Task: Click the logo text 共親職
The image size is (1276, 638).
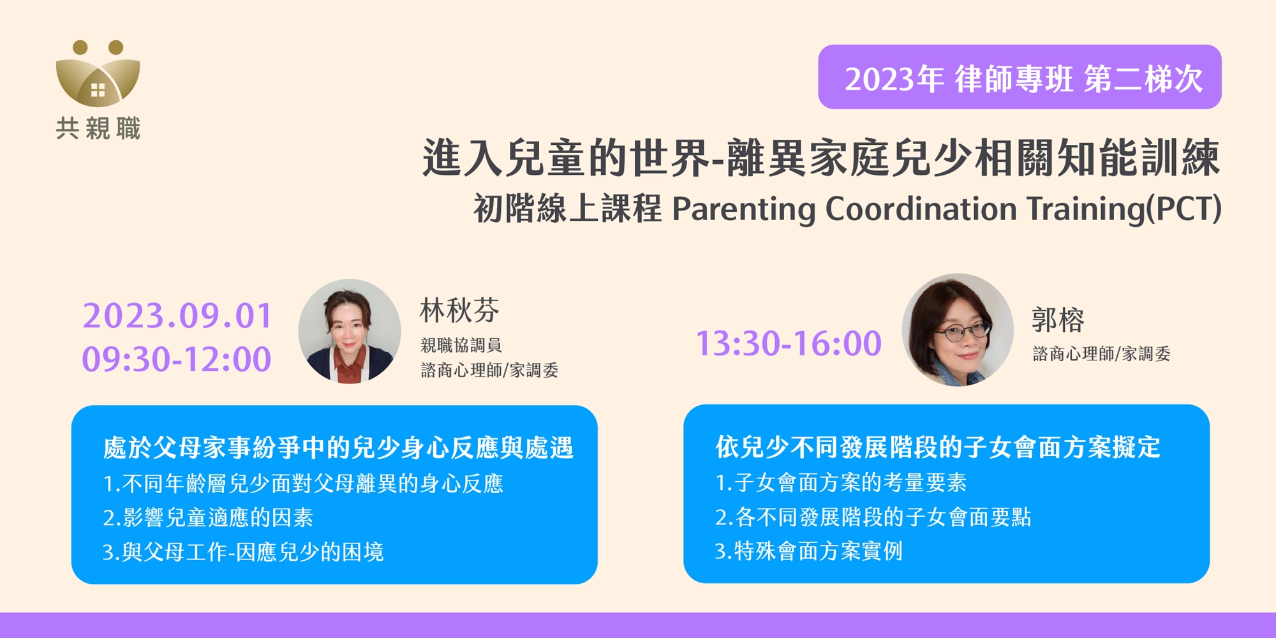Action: (x=98, y=128)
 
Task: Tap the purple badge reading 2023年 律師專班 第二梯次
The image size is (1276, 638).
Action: (x=1020, y=77)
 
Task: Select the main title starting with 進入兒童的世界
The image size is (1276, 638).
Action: (x=820, y=158)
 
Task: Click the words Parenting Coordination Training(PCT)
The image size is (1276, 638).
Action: (x=947, y=209)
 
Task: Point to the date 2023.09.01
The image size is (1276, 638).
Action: (x=177, y=316)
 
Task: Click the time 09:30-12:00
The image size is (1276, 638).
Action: (x=177, y=359)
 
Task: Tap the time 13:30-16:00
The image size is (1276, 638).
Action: (x=789, y=343)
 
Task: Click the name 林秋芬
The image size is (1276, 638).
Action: (x=459, y=311)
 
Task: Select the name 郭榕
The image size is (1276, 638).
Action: (x=1058, y=320)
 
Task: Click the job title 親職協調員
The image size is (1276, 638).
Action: (x=461, y=345)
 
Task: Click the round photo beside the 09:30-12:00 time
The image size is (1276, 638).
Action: (x=350, y=331)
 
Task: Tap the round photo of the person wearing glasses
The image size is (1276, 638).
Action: (x=958, y=330)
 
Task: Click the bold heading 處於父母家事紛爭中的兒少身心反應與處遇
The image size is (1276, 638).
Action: (x=338, y=448)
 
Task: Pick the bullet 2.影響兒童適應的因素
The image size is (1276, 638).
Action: (x=208, y=517)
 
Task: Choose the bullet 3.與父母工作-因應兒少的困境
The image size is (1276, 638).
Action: (x=243, y=552)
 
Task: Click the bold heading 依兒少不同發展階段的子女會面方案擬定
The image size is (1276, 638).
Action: (x=938, y=447)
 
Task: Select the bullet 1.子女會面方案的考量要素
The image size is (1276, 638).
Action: (x=841, y=482)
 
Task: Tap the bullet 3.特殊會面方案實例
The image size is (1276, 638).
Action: (x=809, y=551)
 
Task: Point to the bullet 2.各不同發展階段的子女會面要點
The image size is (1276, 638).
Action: (x=873, y=517)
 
